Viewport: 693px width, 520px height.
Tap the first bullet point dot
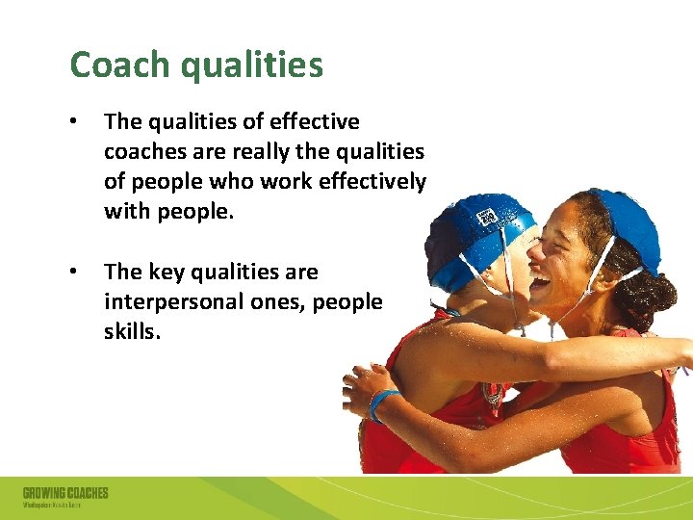pyautogui.click(x=75, y=122)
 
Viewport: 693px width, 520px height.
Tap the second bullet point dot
pyautogui.click(x=75, y=273)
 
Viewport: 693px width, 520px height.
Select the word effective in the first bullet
pyautogui.click(x=315, y=122)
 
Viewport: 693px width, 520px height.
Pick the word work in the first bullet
pyautogui.click(x=289, y=182)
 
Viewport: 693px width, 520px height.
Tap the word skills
pyautogui.click(x=132, y=332)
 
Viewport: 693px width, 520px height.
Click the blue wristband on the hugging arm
pyautogui.click(x=379, y=403)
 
